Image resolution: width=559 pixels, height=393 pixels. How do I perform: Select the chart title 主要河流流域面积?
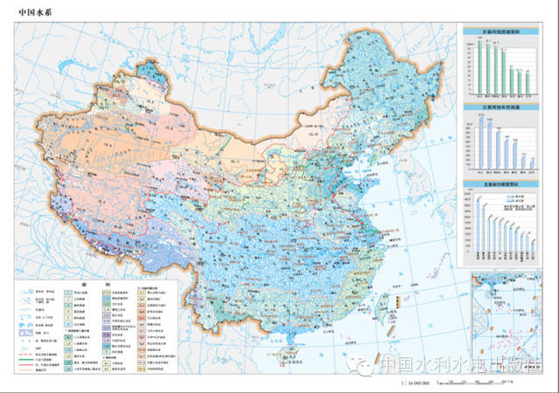coord(497,32)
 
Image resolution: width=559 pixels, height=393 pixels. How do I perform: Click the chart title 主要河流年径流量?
coord(497,107)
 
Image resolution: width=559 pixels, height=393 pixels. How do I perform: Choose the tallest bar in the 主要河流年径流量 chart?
coord(480,141)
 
